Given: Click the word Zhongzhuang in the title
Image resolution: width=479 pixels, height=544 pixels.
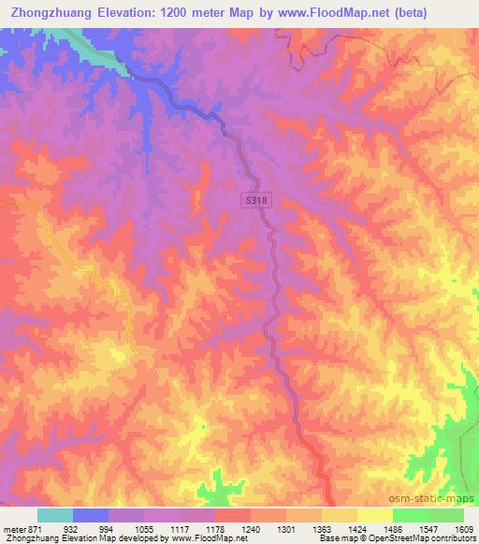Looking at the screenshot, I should coord(56,13).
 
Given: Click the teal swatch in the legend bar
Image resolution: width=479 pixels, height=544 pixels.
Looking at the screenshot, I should coord(55,515).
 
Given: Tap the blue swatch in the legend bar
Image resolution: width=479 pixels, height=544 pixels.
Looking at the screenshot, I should coord(91,515).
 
